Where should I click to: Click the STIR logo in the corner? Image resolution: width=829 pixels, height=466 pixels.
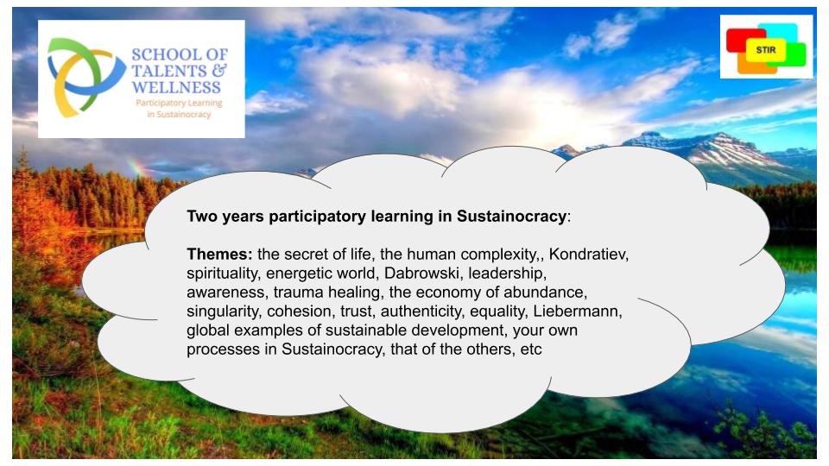coord(766,48)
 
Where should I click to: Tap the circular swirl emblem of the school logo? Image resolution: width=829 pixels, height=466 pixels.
coord(85,77)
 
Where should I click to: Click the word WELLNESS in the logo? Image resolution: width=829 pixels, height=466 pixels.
coord(176,87)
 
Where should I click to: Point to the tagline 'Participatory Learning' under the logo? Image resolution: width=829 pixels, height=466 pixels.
coord(179,103)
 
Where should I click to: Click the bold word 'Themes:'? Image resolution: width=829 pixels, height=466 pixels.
coord(219,254)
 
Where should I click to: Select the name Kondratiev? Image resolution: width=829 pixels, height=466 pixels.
coord(588,255)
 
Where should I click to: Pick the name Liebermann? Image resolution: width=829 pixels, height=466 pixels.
coord(578,312)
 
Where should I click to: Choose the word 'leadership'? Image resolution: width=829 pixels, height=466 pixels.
coord(507,274)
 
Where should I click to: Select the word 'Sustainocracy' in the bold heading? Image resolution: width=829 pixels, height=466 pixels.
coord(510,216)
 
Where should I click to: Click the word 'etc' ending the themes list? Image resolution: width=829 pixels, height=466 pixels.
coord(531,349)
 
